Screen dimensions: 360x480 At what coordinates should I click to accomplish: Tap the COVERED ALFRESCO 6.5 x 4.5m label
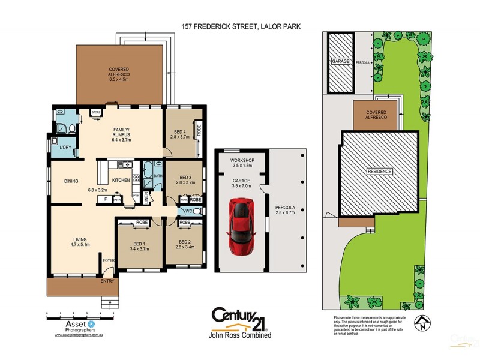point(119,74)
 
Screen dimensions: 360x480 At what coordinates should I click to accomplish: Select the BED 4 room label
point(179,133)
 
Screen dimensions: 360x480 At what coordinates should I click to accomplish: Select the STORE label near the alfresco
point(96,112)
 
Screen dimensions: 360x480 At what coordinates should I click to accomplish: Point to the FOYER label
point(109,260)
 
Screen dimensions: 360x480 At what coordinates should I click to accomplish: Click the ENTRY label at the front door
point(107,280)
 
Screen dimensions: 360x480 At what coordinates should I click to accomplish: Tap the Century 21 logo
point(239,319)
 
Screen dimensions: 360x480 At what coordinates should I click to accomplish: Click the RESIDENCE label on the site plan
point(380,172)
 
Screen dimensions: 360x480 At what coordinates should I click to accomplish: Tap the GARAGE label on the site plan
point(340,62)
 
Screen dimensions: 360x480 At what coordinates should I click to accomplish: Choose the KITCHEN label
point(121,180)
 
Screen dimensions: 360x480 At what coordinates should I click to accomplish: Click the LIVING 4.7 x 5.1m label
point(80,241)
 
